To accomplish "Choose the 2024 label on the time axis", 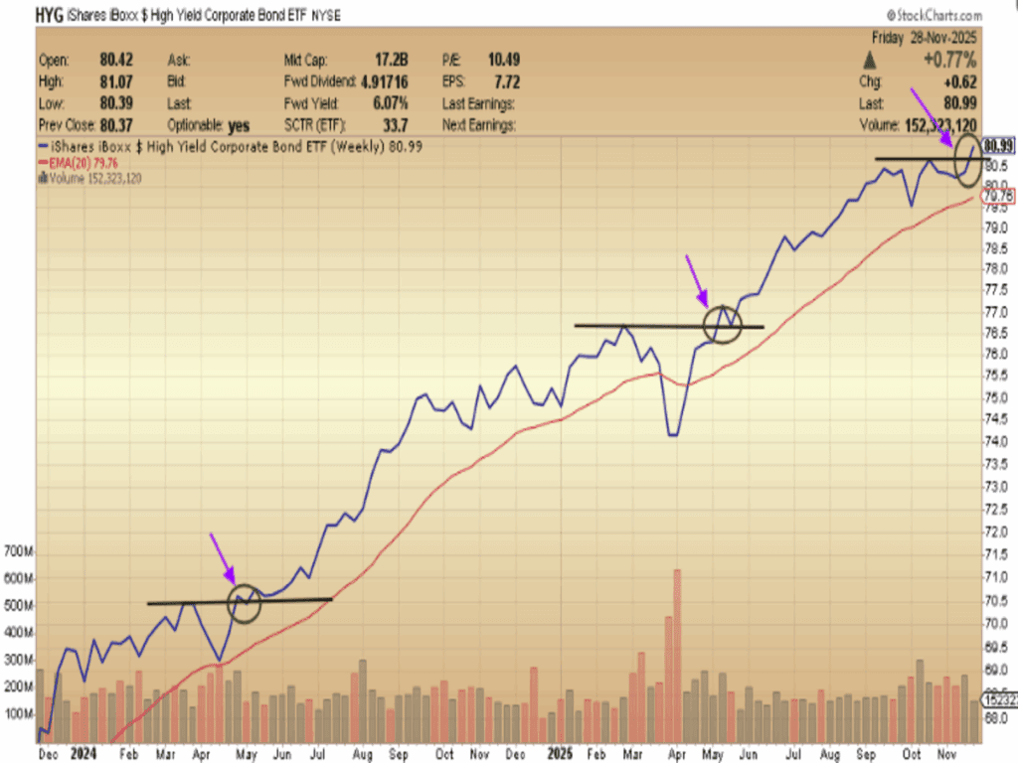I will [x=83, y=755].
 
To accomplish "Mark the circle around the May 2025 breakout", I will [x=723, y=323].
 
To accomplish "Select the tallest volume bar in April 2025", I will [x=677, y=656].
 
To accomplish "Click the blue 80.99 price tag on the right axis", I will [x=998, y=146].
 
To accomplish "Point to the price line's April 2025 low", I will [x=673, y=434].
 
